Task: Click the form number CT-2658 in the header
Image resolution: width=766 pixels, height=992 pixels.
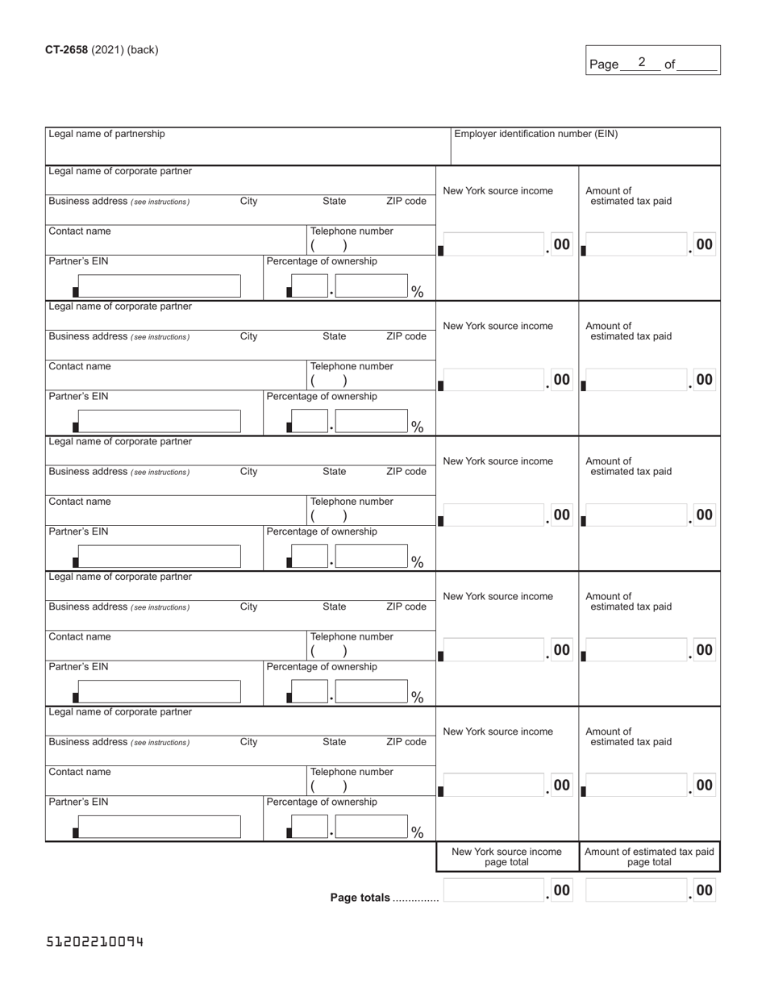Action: [x=66, y=50]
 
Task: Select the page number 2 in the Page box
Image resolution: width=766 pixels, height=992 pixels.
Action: [x=642, y=62]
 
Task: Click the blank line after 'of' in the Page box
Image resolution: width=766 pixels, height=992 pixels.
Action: [x=697, y=65]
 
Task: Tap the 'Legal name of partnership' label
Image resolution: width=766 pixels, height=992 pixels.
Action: [x=106, y=134]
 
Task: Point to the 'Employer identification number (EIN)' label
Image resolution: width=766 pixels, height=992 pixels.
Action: [x=536, y=134]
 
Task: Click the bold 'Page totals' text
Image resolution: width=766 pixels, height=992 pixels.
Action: [x=360, y=898]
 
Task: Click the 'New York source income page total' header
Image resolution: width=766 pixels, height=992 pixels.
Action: [x=506, y=857]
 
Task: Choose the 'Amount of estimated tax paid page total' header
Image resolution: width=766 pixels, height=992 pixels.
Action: [x=649, y=857]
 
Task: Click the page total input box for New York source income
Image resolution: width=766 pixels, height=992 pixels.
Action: [x=493, y=890]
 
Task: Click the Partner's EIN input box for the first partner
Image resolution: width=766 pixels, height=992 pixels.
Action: [x=159, y=286]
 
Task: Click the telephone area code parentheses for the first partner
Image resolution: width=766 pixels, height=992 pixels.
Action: [x=329, y=246]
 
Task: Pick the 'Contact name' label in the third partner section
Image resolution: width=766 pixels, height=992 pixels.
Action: [x=80, y=502]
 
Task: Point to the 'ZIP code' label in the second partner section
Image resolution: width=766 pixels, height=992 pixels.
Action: [x=406, y=336]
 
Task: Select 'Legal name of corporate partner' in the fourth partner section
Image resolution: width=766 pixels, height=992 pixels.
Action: [x=120, y=577]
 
